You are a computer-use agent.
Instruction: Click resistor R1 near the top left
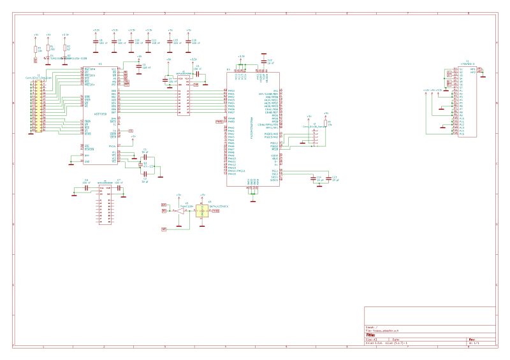(36, 48)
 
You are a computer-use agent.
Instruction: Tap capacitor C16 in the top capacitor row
(188, 41)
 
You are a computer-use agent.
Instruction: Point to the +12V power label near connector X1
(426, 90)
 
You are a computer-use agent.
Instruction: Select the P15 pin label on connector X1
(462, 134)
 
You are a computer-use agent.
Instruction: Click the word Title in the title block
(370, 335)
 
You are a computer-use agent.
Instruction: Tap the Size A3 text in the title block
(369, 340)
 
